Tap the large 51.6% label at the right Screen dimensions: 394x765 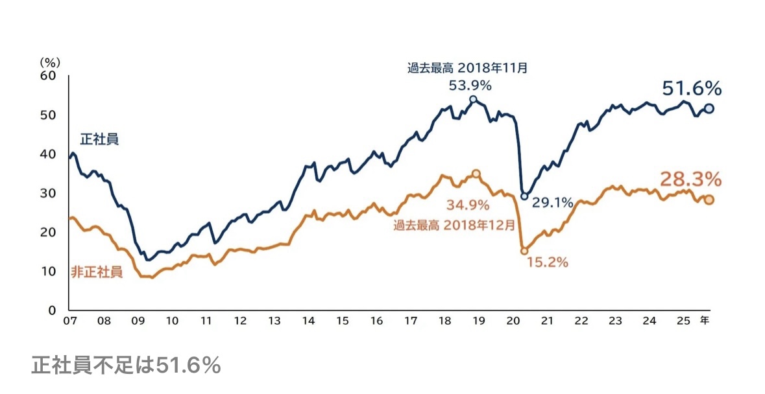tap(692, 89)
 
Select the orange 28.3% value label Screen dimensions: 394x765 tap(691, 179)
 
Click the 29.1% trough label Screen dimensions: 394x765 tap(552, 203)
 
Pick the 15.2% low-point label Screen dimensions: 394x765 tap(548, 262)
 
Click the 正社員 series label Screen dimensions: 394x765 tap(99, 139)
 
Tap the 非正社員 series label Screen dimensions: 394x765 tap(96, 272)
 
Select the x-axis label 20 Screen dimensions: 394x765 tap(513, 321)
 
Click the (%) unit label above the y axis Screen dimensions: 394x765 tap(50, 62)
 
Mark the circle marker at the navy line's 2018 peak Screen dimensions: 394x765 tap(473, 99)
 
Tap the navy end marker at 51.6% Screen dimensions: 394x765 tap(709, 109)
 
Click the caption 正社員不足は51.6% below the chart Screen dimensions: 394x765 tap(126, 366)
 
